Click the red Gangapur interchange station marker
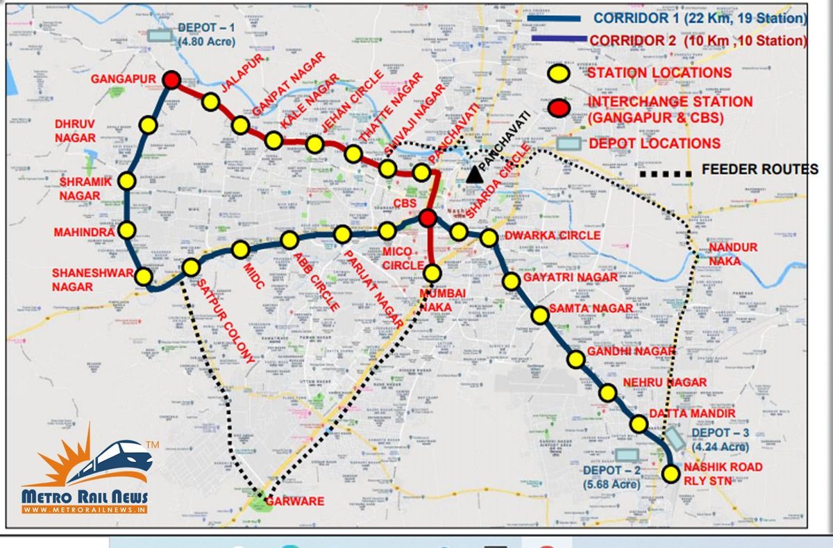pyautogui.click(x=171, y=80)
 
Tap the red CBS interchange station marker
pyautogui.click(x=428, y=219)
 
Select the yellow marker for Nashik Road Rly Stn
pyautogui.click(x=671, y=474)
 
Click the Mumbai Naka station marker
pyautogui.click(x=432, y=273)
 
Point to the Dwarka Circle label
pyautogui.click(x=553, y=235)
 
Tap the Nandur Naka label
pyautogui.click(x=733, y=254)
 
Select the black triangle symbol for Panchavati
pyautogui.click(x=475, y=174)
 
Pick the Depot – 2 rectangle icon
pyautogui.click(x=627, y=455)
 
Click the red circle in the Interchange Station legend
pyautogui.click(x=559, y=108)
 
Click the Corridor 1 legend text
pyautogui.click(x=700, y=18)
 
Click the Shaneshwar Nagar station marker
pyautogui.click(x=144, y=276)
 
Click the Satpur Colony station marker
pyautogui.click(x=191, y=267)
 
